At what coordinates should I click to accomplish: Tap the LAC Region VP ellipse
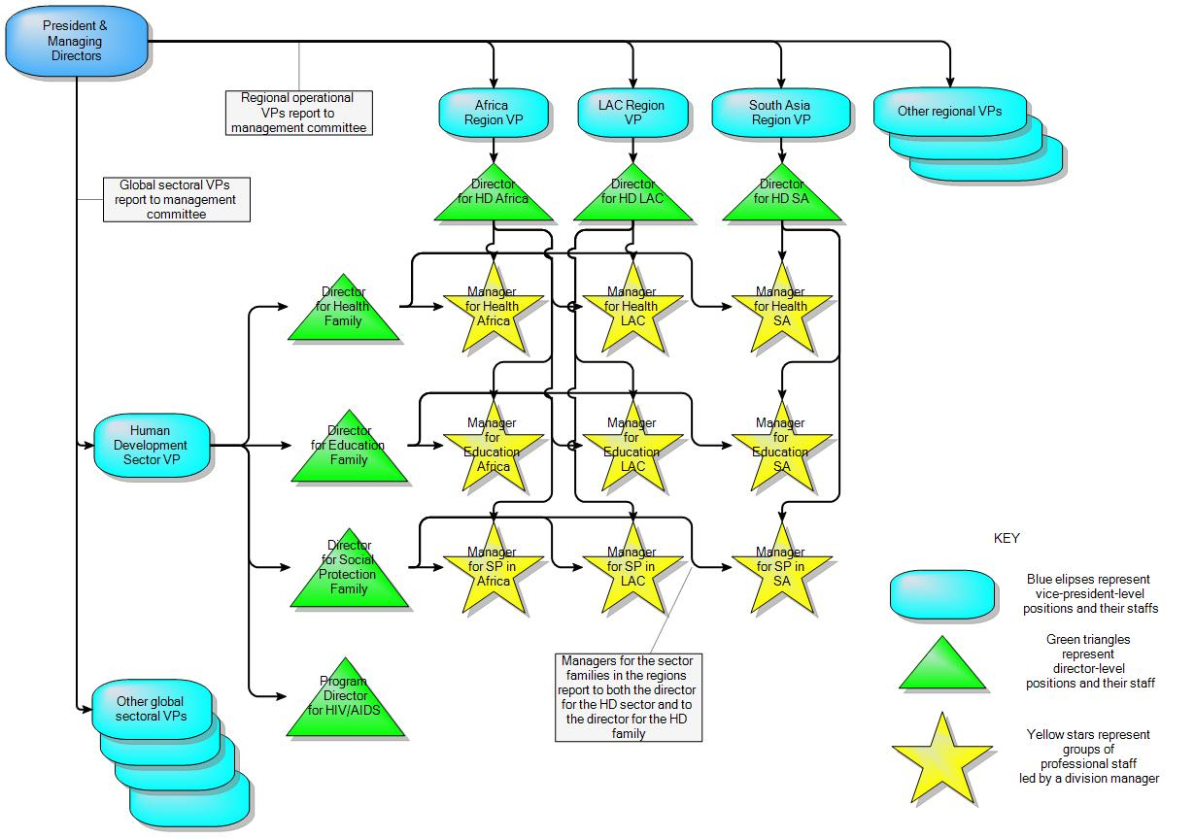click(x=632, y=113)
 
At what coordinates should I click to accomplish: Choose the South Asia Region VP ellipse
click(x=779, y=113)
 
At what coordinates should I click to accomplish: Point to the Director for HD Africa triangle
click(x=495, y=193)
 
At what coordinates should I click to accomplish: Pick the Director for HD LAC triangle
click(x=633, y=193)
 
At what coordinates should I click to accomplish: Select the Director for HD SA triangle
click(x=781, y=193)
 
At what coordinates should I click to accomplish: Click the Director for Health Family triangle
click(x=344, y=311)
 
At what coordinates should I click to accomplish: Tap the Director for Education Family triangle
click(x=349, y=449)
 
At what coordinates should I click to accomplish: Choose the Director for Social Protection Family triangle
click(x=349, y=573)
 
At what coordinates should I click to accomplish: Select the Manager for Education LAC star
click(x=632, y=446)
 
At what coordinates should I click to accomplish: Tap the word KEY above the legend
click(x=1007, y=538)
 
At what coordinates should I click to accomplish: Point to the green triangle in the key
click(x=941, y=666)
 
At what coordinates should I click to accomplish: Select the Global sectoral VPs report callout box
click(x=177, y=199)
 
